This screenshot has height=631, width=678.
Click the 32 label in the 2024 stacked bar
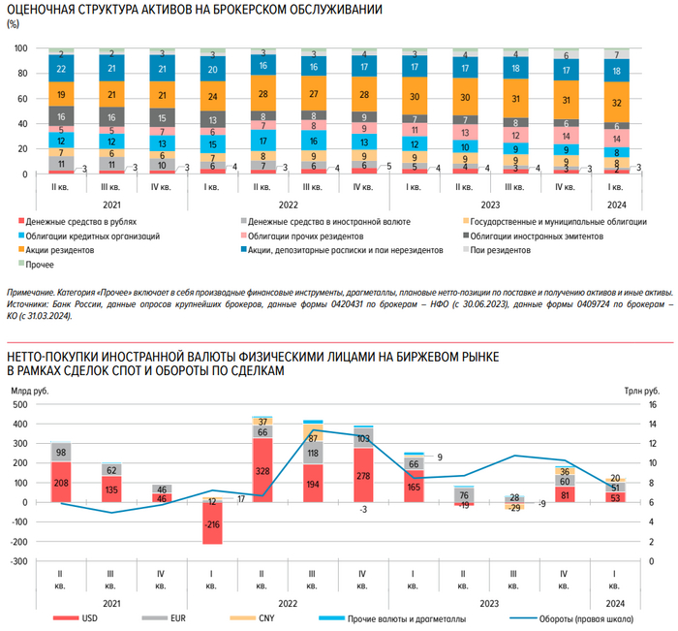tap(617, 101)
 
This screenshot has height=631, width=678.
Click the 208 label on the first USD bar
tap(61, 482)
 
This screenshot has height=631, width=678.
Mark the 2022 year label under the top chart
tap(288, 205)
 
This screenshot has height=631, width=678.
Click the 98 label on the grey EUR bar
tap(61, 453)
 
